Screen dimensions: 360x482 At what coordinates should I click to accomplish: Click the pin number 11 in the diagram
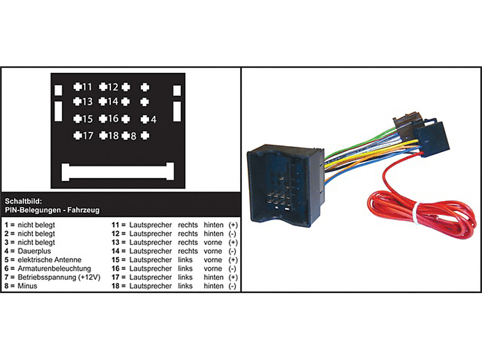click(87, 87)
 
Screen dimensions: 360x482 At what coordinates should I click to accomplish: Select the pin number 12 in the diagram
click(112, 87)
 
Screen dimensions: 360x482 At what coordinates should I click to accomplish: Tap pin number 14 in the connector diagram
click(112, 102)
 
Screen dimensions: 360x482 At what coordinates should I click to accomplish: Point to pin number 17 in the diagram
click(87, 136)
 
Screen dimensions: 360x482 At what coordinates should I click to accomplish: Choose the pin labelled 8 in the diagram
click(132, 136)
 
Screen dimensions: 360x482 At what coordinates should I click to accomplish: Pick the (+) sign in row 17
click(233, 277)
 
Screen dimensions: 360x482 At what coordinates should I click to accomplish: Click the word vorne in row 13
click(213, 242)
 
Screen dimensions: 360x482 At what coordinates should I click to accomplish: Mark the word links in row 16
click(185, 269)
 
